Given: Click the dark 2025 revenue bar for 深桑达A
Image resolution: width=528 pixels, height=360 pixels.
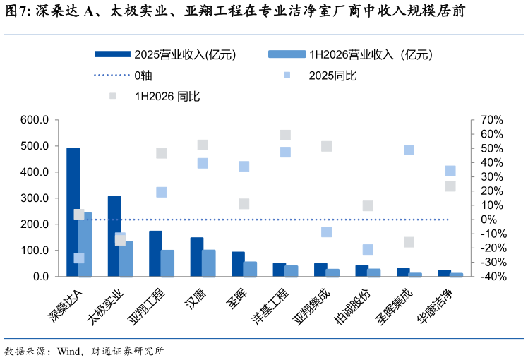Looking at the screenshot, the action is point(73,212).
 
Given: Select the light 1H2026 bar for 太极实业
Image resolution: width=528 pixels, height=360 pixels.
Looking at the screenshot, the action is point(126,259).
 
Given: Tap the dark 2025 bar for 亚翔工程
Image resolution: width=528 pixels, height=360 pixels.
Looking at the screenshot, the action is point(155,253).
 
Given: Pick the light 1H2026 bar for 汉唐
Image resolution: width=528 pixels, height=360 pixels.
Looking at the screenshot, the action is point(209,263).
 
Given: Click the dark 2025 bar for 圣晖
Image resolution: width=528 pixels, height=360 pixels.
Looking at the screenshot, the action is point(238,264).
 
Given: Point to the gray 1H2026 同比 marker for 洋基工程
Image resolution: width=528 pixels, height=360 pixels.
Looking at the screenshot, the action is point(285,135).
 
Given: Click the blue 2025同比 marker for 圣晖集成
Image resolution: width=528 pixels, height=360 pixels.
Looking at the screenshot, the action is point(409,150).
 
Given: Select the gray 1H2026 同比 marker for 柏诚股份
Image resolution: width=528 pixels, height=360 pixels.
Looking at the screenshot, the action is point(368,205).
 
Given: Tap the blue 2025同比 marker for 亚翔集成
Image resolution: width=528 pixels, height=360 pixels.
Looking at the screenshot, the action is point(326,232).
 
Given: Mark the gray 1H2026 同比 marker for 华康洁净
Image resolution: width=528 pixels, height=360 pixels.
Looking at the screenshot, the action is point(450,186).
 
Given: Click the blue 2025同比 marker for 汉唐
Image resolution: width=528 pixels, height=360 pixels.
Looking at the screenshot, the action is point(203,163).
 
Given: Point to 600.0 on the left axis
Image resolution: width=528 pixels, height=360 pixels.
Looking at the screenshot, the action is point(35,120).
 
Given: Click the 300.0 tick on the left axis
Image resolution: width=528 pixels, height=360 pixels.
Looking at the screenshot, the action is point(35,198).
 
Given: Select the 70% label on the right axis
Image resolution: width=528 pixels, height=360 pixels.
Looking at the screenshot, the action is point(491,120).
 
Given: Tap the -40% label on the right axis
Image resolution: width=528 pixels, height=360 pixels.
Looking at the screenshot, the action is point(493,277).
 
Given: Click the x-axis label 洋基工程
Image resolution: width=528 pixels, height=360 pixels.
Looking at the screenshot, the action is point(270,307).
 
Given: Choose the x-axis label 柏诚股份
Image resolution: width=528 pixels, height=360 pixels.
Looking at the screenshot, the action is point(352,307).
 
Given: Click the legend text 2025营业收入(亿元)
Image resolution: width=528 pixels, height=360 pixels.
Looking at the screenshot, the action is point(185,54).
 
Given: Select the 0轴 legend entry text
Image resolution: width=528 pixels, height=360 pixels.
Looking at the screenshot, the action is point(143,76).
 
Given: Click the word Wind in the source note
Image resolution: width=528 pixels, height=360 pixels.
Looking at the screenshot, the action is point(69,352).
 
